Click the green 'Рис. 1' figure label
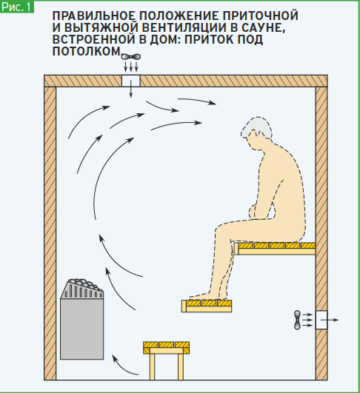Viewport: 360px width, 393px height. pyautogui.click(x=16, y=7)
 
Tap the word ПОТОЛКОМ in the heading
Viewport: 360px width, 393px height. pyautogui.click(x=87, y=51)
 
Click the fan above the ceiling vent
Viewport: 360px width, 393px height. pyautogui.click(x=130, y=57)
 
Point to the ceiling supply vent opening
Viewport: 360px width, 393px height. pyautogui.click(x=130, y=81)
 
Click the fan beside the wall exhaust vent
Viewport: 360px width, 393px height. pyautogui.click(x=297, y=320)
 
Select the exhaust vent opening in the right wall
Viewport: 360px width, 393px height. pyautogui.click(x=321, y=320)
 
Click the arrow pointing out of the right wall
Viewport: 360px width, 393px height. pyautogui.click(x=330, y=320)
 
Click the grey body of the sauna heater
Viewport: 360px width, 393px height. pyautogui.click(x=82, y=329)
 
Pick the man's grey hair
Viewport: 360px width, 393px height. pyautogui.click(x=256, y=128)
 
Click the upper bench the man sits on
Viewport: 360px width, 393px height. pyautogui.click(x=275, y=249)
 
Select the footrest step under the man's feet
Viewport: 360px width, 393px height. pyautogui.click(x=207, y=306)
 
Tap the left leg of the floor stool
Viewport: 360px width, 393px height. pyautogui.click(x=152, y=367)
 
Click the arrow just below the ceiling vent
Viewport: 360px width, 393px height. pyautogui.click(x=130, y=89)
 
